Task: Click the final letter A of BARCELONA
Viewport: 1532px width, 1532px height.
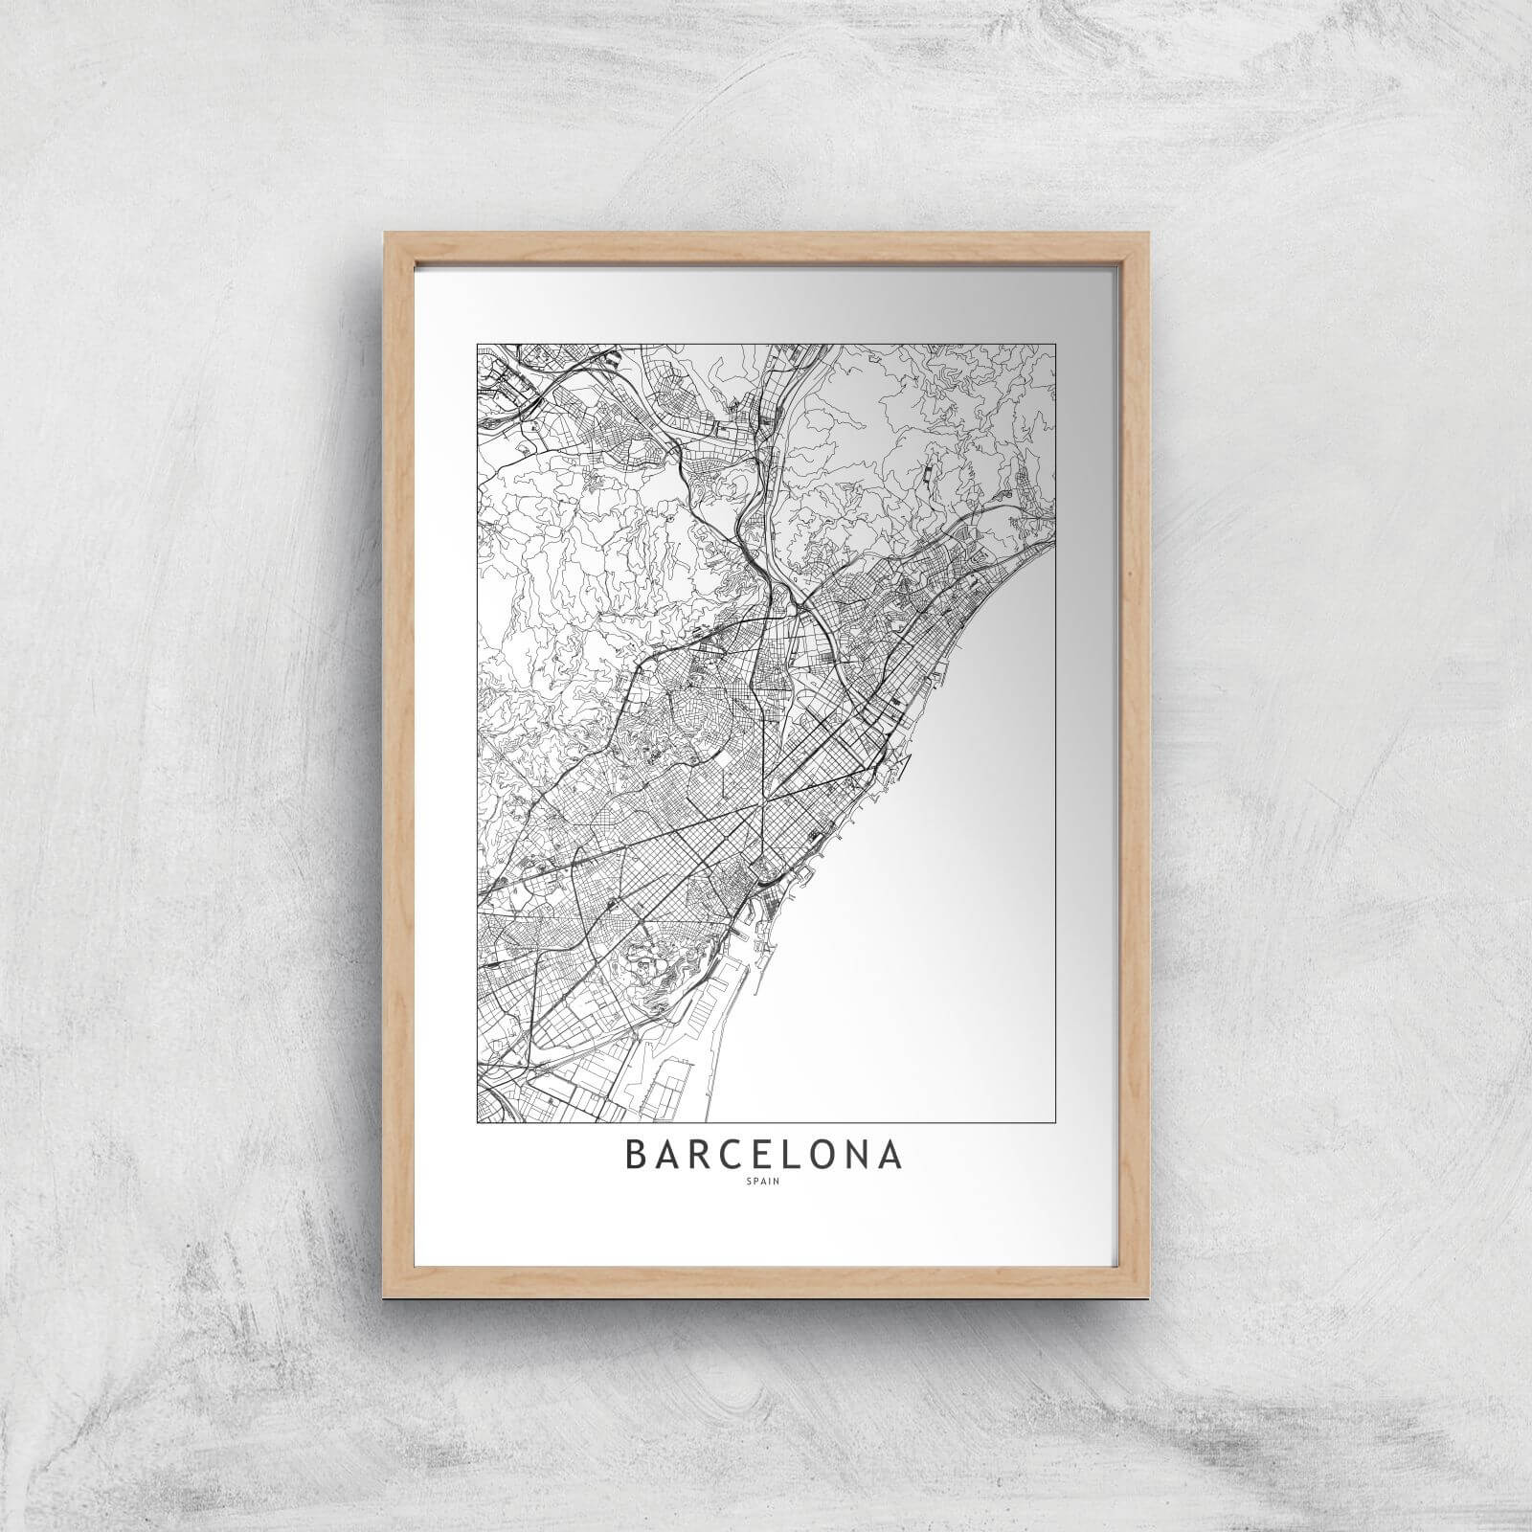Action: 890,1155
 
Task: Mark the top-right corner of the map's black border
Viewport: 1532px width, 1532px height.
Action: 1056,345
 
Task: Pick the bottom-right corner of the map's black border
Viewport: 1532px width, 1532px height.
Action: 1056,1119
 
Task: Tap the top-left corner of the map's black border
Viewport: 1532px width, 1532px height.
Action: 476,345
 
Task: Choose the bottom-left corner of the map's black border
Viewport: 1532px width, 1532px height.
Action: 476,1119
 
